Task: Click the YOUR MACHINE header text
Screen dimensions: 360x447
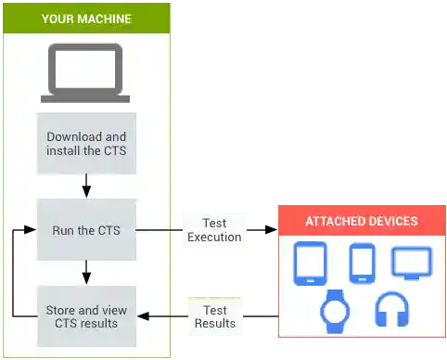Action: pyautogui.click(x=86, y=19)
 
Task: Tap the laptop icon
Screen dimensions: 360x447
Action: pyautogui.click(x=86, y=74)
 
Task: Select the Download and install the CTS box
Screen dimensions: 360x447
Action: pyautogui.click(x=86, y=144)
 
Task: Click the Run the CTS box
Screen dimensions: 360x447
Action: pyautogui.click(x=86, y=230)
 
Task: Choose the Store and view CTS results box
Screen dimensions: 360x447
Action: pyautogui.click(x=86, y=315)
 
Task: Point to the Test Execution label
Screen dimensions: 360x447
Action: pyautogui.click(x=214, y=229)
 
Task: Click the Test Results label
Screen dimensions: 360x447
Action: pyautogui.click(x=215, y=316)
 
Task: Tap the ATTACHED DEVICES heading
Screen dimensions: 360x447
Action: pyautogui.click(x=361, y=222)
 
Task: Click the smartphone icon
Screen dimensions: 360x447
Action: pyautogui.click(x=361, y=263)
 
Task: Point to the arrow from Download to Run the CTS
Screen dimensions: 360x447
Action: pyautogui.click(x=86, y=186)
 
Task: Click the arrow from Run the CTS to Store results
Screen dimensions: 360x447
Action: pyautogui.click(x=86, y=272)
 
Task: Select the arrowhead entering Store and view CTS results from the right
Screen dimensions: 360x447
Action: pyautogui.click(x=143, y=316)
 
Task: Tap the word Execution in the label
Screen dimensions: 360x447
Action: pyautogui.click(x=214, y=237)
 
